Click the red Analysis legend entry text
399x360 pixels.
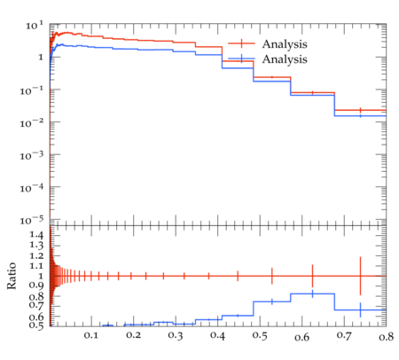coord(285,44)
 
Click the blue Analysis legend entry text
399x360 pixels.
coord(285,59)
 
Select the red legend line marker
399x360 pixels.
coord(241,43)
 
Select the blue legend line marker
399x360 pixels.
coord(241,59)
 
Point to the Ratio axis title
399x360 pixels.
coord(12,276)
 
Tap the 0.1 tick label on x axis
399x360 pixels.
coord(91,335)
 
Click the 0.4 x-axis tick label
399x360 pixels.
coord(217,335)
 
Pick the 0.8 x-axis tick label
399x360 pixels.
coord(386,336)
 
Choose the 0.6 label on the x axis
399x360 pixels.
coord(301,336)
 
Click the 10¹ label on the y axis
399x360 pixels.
coord(35,26)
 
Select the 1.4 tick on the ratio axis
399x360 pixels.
coord(36,236)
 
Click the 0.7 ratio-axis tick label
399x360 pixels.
coord(36,305)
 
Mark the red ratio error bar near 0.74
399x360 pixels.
coord(360,276)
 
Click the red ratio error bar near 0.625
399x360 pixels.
coord(312,276)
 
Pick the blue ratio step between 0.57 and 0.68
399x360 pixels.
coord(312,293)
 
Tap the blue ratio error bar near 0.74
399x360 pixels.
coord(360,310)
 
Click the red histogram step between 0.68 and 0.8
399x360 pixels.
coord(360,110)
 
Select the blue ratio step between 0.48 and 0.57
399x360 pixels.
coord(272,301)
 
